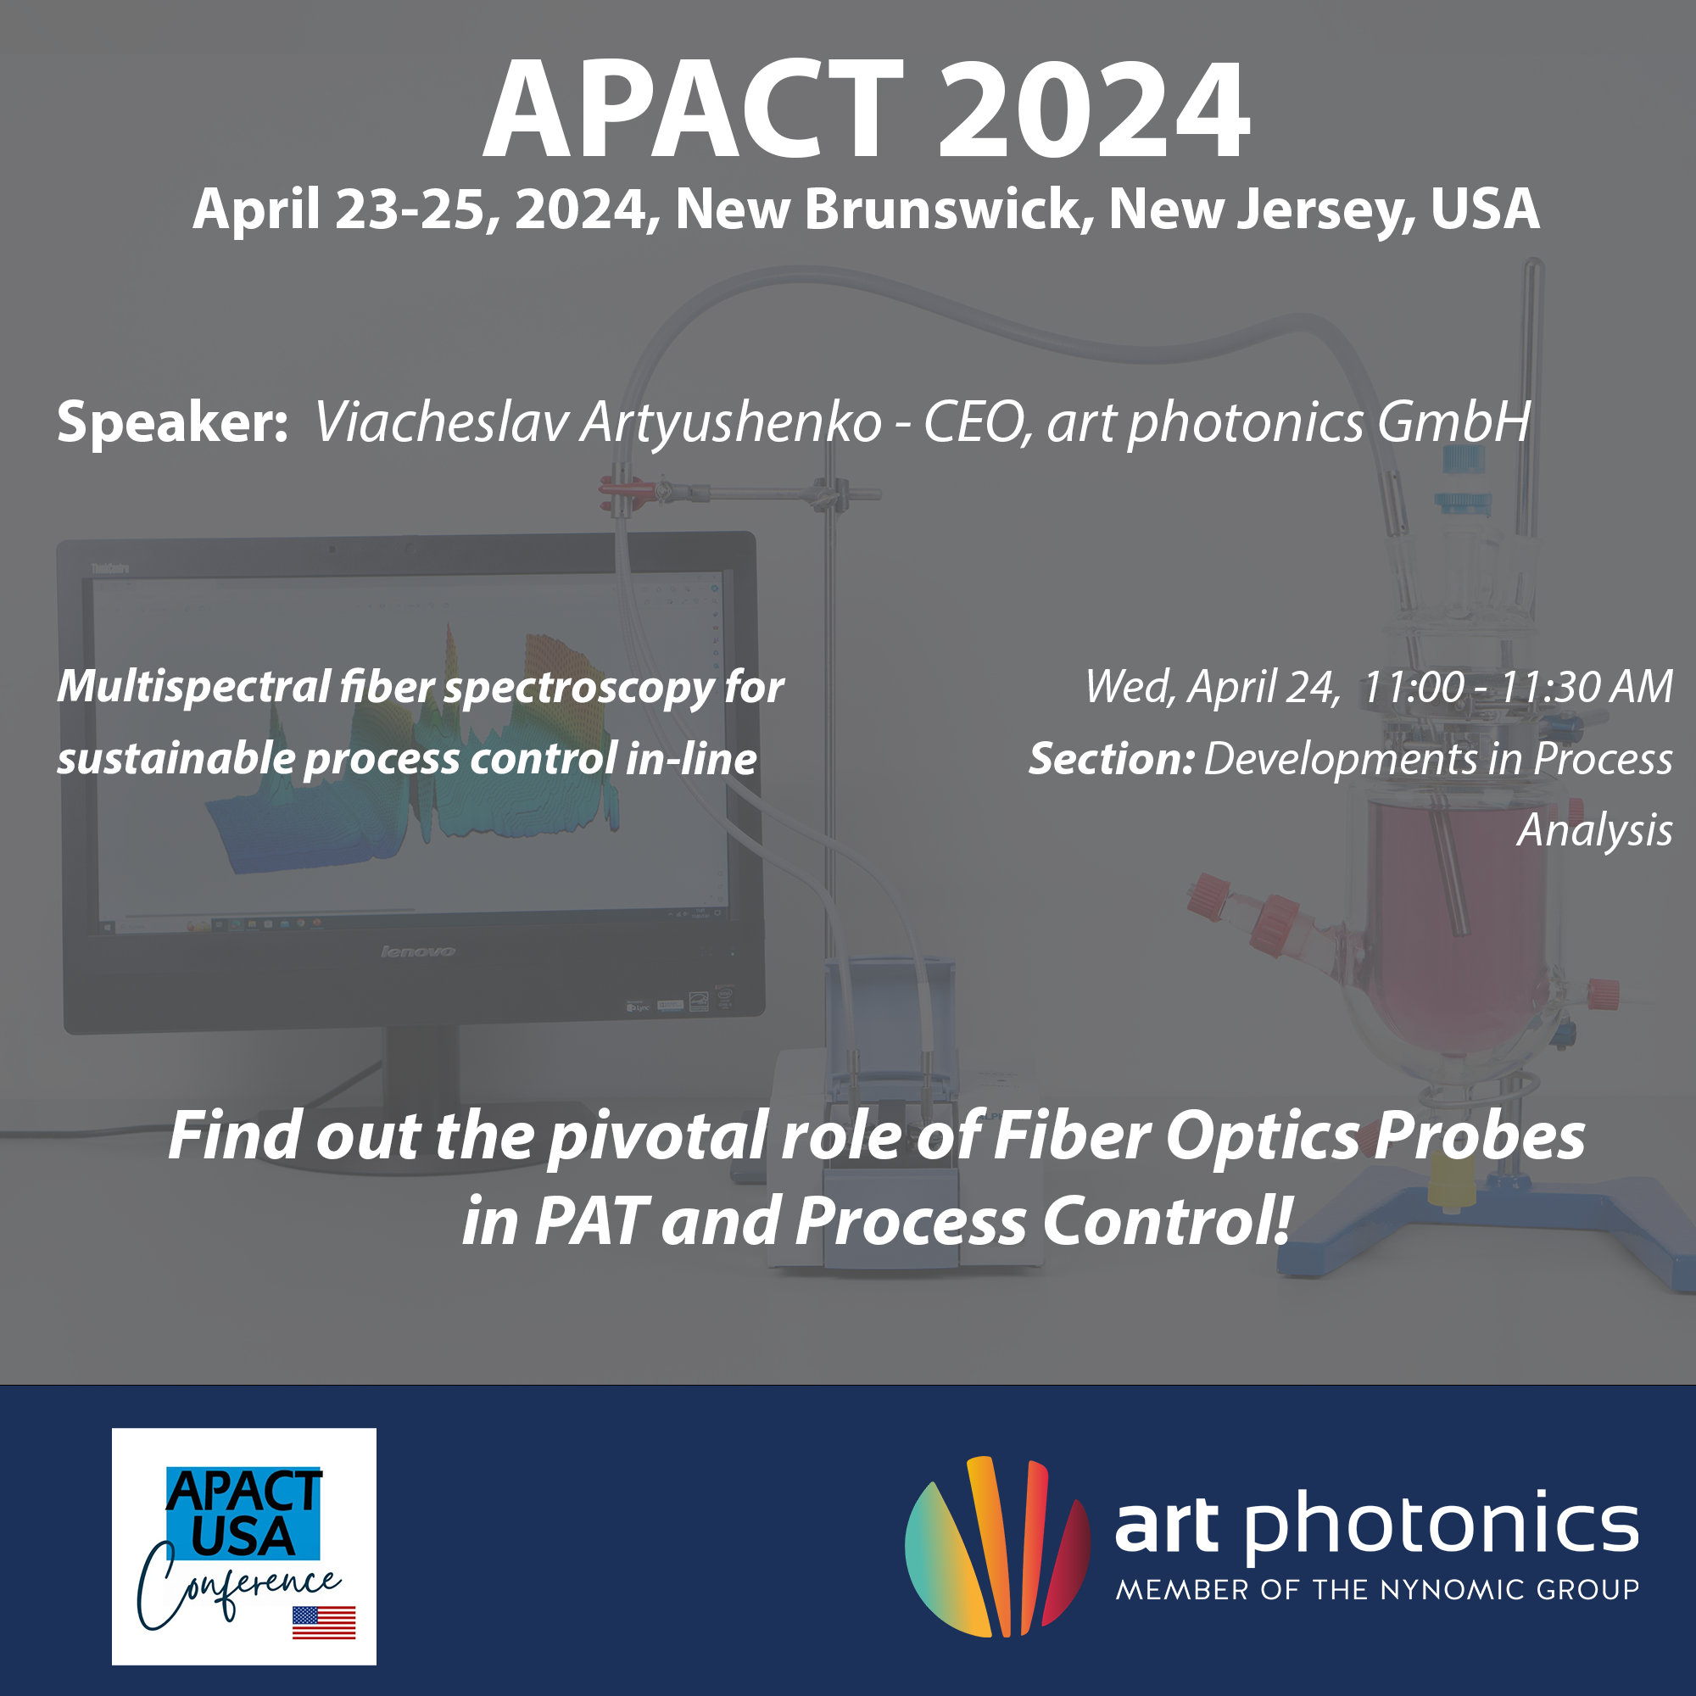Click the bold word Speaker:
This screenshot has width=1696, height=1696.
pos(172,422)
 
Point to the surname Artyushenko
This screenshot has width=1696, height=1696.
pos(731,423)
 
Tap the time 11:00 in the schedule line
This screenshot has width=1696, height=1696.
pos(1414,687)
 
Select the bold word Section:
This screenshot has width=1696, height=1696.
pos(1112,758)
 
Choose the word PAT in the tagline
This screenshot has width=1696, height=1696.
pos(591,1221)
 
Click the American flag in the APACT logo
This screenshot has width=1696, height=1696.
pos(324,1622)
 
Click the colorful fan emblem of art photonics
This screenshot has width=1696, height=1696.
pos(997,1547)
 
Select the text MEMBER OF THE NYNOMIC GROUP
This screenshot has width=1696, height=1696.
pos(1377,1590)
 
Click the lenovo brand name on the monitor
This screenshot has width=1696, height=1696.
pos(418,951)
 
